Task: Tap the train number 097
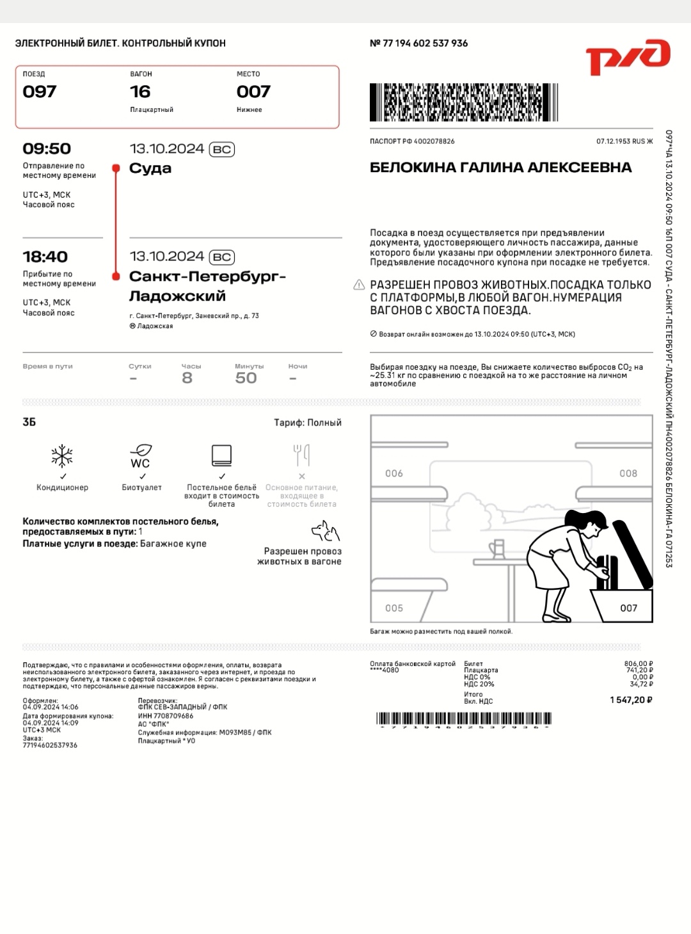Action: point(40,92)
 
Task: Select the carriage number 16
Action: point(140,92)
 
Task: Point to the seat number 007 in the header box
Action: point(253,92)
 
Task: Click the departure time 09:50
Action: point(47,149)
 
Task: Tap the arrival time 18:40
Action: point(45,257)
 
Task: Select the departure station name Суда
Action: point(150,168)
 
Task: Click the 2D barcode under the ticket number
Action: point(463,102)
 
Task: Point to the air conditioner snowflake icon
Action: point(62,455)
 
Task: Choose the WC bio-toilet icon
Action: point(141,456)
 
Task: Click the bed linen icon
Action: point(221,455)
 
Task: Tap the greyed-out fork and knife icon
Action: point(301,455)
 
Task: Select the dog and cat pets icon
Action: point(325,531)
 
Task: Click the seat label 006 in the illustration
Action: point(394,473)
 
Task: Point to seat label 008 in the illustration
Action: point(628,473)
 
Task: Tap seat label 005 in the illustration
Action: point(394,608)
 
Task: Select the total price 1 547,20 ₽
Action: point(631,700)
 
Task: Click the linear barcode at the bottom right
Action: point(463,719)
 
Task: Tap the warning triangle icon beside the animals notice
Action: point(360,285)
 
